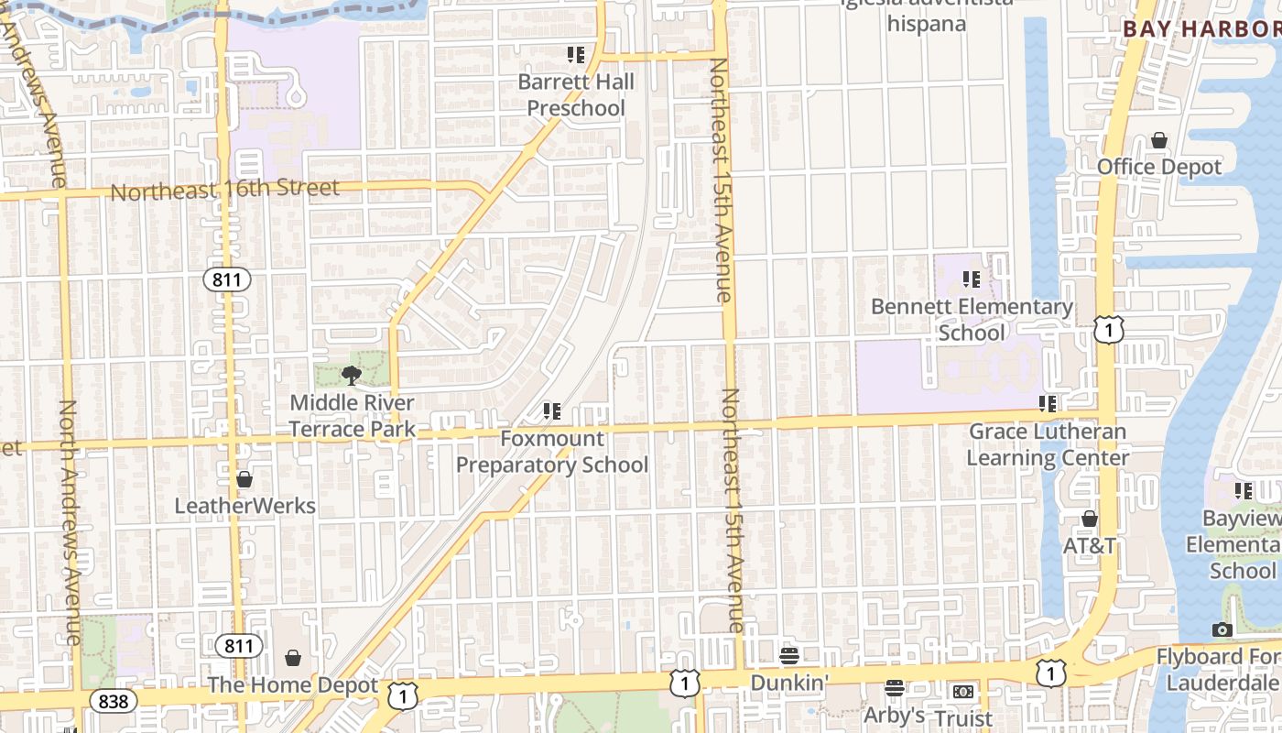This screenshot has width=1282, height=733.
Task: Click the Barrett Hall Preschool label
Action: click(x=576, y=95)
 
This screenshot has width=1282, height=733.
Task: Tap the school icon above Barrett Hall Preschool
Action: click(x=576, y=55)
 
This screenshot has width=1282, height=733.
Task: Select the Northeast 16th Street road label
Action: click(x=224, y=190)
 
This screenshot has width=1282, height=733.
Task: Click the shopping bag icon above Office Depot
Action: click(x=1159, y=140)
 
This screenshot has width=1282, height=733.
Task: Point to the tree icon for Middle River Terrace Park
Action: click(x=351, y=375)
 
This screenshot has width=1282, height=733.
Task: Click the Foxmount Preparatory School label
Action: click(x=552, y=452)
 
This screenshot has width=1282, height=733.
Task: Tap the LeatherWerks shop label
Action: click(x=244, y=506)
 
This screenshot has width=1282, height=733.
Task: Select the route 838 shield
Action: click(x=113, y=702)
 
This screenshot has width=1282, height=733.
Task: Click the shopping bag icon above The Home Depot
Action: click(x=293, y=658)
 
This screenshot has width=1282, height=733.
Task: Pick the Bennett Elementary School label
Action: click(x=972, y=319)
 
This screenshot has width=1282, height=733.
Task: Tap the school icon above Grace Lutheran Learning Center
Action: click(x=1048, y=403)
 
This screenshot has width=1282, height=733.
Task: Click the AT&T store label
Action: click(x=1090, y=546)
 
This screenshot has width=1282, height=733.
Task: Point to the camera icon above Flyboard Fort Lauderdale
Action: click(x=1222, y=629)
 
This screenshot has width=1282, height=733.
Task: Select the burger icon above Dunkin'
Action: click(x=789, y=656)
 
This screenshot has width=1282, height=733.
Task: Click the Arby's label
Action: click(x=895, y=715)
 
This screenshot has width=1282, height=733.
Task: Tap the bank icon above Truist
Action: click(x=962, y=692)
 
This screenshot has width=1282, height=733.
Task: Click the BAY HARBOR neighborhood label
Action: click(x=1201, y=28)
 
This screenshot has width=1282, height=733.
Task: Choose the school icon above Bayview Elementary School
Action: click(x=1243, y=491)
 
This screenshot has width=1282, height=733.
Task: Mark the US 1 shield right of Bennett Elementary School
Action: click(x=1108, y=330)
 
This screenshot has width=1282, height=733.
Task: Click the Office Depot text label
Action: click(x=1159, y=167)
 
